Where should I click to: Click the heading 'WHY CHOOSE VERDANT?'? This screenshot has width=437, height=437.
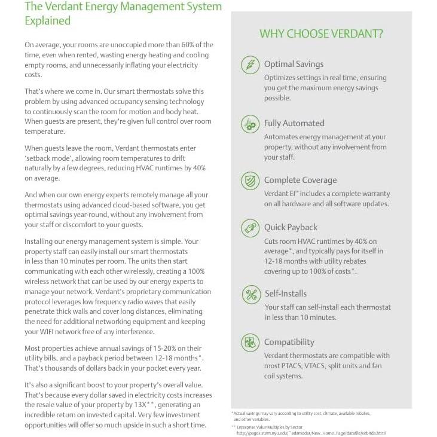pos(321,34)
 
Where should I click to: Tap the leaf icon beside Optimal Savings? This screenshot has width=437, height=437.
pos(249,65)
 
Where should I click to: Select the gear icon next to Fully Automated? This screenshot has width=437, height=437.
pos(249,124)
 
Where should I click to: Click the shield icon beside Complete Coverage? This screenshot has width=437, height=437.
pos(249,181)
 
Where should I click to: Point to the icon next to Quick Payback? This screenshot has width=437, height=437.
pos(249,228)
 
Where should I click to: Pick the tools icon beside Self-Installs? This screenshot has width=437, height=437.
pos(249,294)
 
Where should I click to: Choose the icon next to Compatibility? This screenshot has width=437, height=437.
pos(249,343)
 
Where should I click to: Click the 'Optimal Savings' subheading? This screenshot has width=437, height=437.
pos(294,64)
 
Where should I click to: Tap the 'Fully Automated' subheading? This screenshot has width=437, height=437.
pos(294,123)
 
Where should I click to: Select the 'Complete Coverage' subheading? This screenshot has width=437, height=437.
pos(300,180)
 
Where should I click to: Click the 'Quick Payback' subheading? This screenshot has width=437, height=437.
pos(291,227)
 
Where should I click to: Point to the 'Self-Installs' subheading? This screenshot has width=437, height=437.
pos(285,294)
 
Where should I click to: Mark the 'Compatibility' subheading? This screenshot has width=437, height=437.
pos(289,342)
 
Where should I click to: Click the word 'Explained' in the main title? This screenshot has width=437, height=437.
pos(47,21)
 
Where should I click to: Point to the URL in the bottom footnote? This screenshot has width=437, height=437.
pos(311,433)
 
